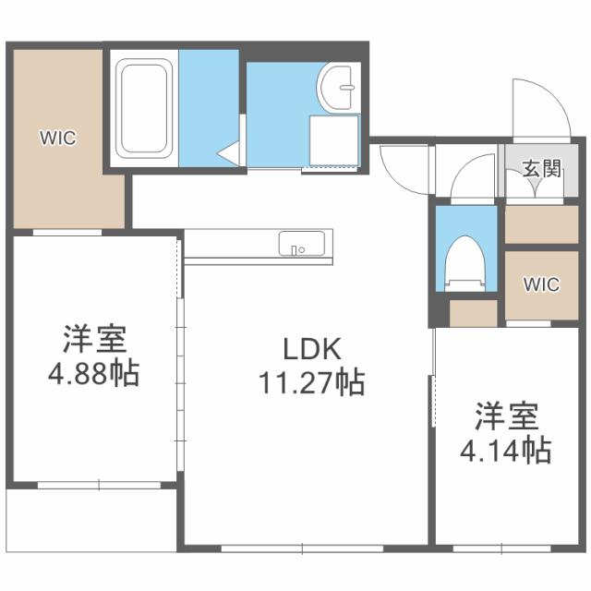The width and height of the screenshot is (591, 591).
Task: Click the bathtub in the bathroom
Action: point(144,107)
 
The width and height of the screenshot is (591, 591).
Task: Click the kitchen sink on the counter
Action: point(301,246)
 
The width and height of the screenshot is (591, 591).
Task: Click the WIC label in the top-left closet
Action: point(56,139)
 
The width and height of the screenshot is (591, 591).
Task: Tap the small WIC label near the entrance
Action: point(541,284)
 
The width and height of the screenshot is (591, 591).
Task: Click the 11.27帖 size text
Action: point(310,380)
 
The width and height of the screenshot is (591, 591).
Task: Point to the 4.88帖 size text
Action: point(94,374)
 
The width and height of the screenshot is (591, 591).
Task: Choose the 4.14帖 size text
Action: point(507,451)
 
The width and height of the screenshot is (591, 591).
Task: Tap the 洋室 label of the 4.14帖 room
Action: point(507,417)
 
